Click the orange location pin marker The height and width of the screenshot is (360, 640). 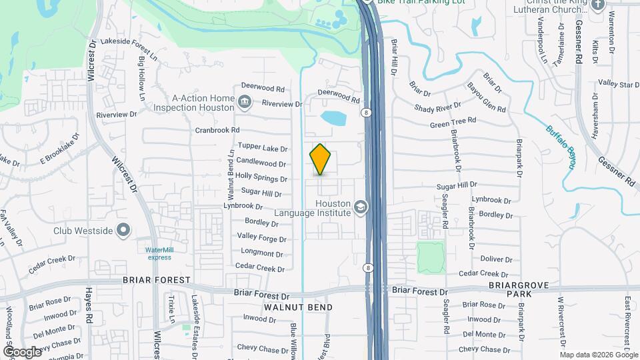pyautogui.click(x=321, y=159)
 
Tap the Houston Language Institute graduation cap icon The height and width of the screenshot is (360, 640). pyautogui.click(x=361, y=207)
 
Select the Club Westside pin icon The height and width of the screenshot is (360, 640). pyautogui.click(x=123, y=231)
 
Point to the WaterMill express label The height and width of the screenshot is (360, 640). pyautogui.click(x=159, y=253)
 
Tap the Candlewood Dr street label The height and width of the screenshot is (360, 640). pyautogui.click(x=261, y=163)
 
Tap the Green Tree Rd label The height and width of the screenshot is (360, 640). pyautogui.click(x=453, y=122)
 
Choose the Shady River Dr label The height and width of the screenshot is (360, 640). pyautogui.click(x=437, y=108)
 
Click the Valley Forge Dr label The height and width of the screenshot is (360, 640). pyautogui.click(x=261, y=237)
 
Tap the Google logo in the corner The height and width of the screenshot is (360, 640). pyautogui.click(x=22, y=351)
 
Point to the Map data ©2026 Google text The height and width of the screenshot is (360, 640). pyautogui.click(x=599, y=355)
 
